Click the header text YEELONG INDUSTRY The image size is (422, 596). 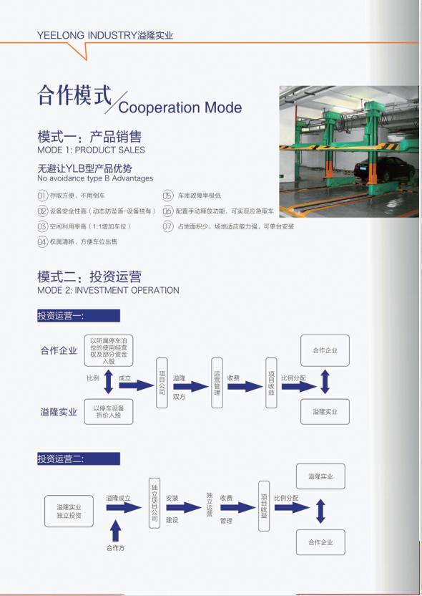coord(87,35)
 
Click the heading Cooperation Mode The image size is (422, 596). coord(180,107)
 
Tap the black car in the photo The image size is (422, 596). coord(384,169)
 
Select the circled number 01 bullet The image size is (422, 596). coord(42,196)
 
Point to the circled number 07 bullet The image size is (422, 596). coord(168,226)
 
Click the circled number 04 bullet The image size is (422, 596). coord(42,241)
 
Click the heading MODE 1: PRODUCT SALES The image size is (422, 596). coord(91,150)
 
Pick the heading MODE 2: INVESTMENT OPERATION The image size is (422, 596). coord(108,290)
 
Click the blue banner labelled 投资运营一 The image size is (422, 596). coord(79,316)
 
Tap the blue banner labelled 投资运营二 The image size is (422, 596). coord(79,458)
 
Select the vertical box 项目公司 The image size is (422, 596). coord(162,383)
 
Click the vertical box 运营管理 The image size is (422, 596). coord(217,383)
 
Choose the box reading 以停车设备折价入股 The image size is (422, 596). coord(109,412)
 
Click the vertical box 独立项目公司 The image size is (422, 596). coord(154,504)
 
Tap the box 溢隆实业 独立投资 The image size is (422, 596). coord(69,511)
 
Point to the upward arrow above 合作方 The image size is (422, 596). coord(115,531)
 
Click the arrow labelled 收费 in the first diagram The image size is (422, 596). coord(245,387)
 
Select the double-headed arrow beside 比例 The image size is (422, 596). coord(109,382)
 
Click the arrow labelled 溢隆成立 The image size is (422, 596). coord(124,507)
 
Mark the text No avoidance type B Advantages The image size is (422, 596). coord(95,178)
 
